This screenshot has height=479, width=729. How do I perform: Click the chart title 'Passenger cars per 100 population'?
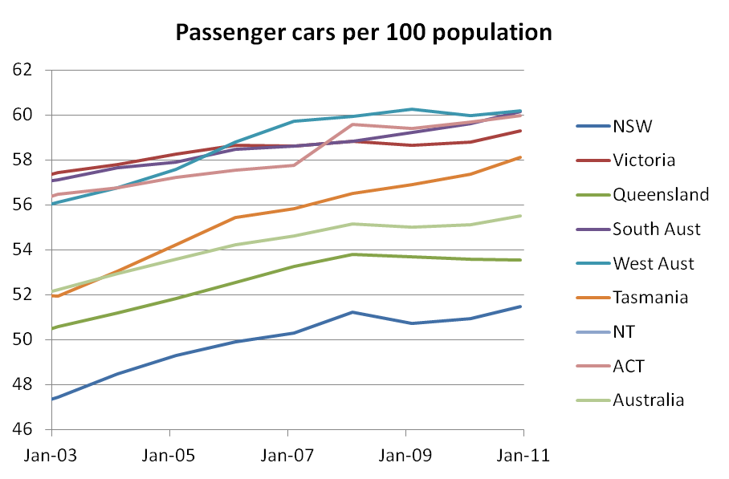[x=364, y=33]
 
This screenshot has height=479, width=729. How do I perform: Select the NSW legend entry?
[x=633, y=126]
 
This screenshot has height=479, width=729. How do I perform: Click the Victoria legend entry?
[x=643, y=160]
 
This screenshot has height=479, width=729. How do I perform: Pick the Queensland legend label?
[x=660, y=194]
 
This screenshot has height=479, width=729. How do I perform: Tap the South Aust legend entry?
[x=656, y=229]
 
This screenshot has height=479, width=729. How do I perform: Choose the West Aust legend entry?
[x=653, y=263]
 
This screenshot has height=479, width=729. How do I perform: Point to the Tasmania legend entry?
[x=650, y=298]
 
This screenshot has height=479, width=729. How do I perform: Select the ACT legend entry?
[x=629, y=366]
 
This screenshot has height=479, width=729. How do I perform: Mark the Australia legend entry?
[x=648, y=400]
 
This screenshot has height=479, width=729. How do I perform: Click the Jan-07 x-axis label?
[x=287, y=454]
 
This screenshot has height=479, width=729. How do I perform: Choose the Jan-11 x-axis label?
[x=523, y=454]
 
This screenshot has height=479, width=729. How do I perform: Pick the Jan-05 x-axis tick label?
[x=169, y=454]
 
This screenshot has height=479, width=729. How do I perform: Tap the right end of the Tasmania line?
[x=523, y=157]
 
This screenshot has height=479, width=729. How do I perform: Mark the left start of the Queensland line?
[x=52, y=327]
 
